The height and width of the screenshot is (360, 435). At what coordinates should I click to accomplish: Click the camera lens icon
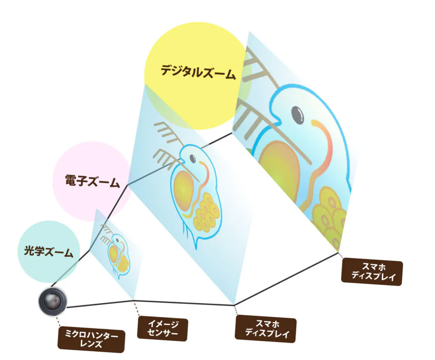[52, 301]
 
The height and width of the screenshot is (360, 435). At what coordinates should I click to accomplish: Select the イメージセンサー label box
[163, 329]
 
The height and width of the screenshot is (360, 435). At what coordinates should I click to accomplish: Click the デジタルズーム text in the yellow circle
[198, 72]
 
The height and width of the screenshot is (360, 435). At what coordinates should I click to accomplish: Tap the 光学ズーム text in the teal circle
[48, 251]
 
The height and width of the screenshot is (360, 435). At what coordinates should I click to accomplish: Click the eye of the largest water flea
[298, 114]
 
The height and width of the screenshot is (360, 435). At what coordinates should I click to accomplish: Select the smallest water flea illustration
[115, 251]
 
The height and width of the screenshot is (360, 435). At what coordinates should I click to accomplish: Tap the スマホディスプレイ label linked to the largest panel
[372, 272]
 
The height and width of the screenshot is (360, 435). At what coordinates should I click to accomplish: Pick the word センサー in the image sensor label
[163, 333]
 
